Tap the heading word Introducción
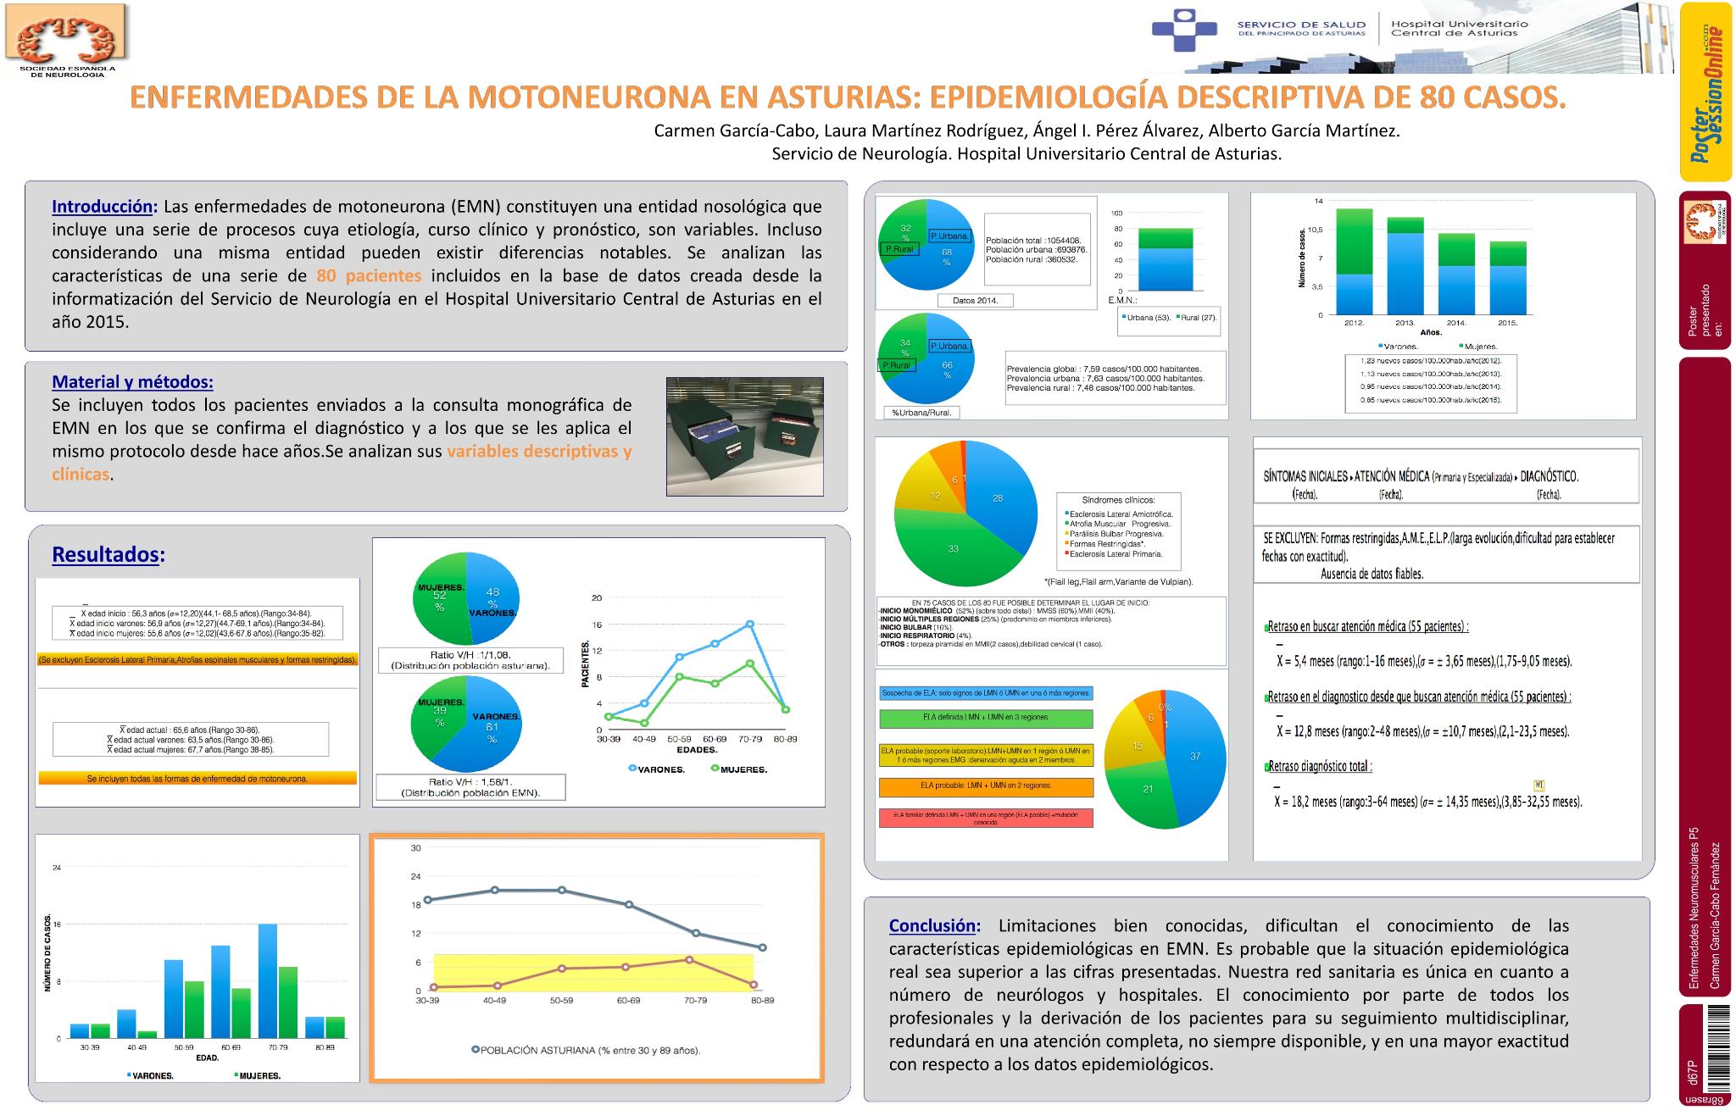[x=104, y=207]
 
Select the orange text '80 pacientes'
[x=369, y=275]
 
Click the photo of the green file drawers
[x=744, y=436]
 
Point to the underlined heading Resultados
[x=106, y=554]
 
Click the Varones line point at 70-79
[x=750, y=624]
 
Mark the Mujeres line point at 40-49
[x=644, y=723]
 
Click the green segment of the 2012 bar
[x=1354, y=242]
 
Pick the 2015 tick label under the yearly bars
[x=1507, y=323]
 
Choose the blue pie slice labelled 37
[x=1194, y=756]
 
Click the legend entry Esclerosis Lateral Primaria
[x=1115, y=554]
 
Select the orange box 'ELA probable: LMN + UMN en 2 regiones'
[x=986, y=786]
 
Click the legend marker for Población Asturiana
[x=476, y=1051]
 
